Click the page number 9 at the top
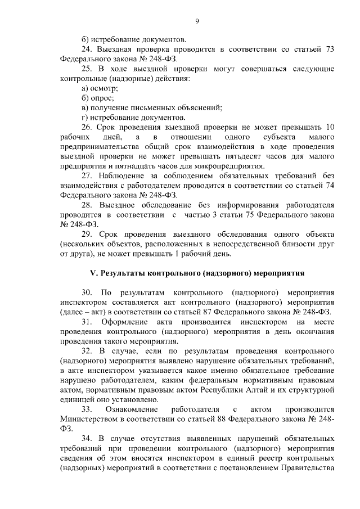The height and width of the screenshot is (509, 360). tap(197, 21)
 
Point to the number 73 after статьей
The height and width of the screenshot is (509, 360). tap(330, 49)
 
